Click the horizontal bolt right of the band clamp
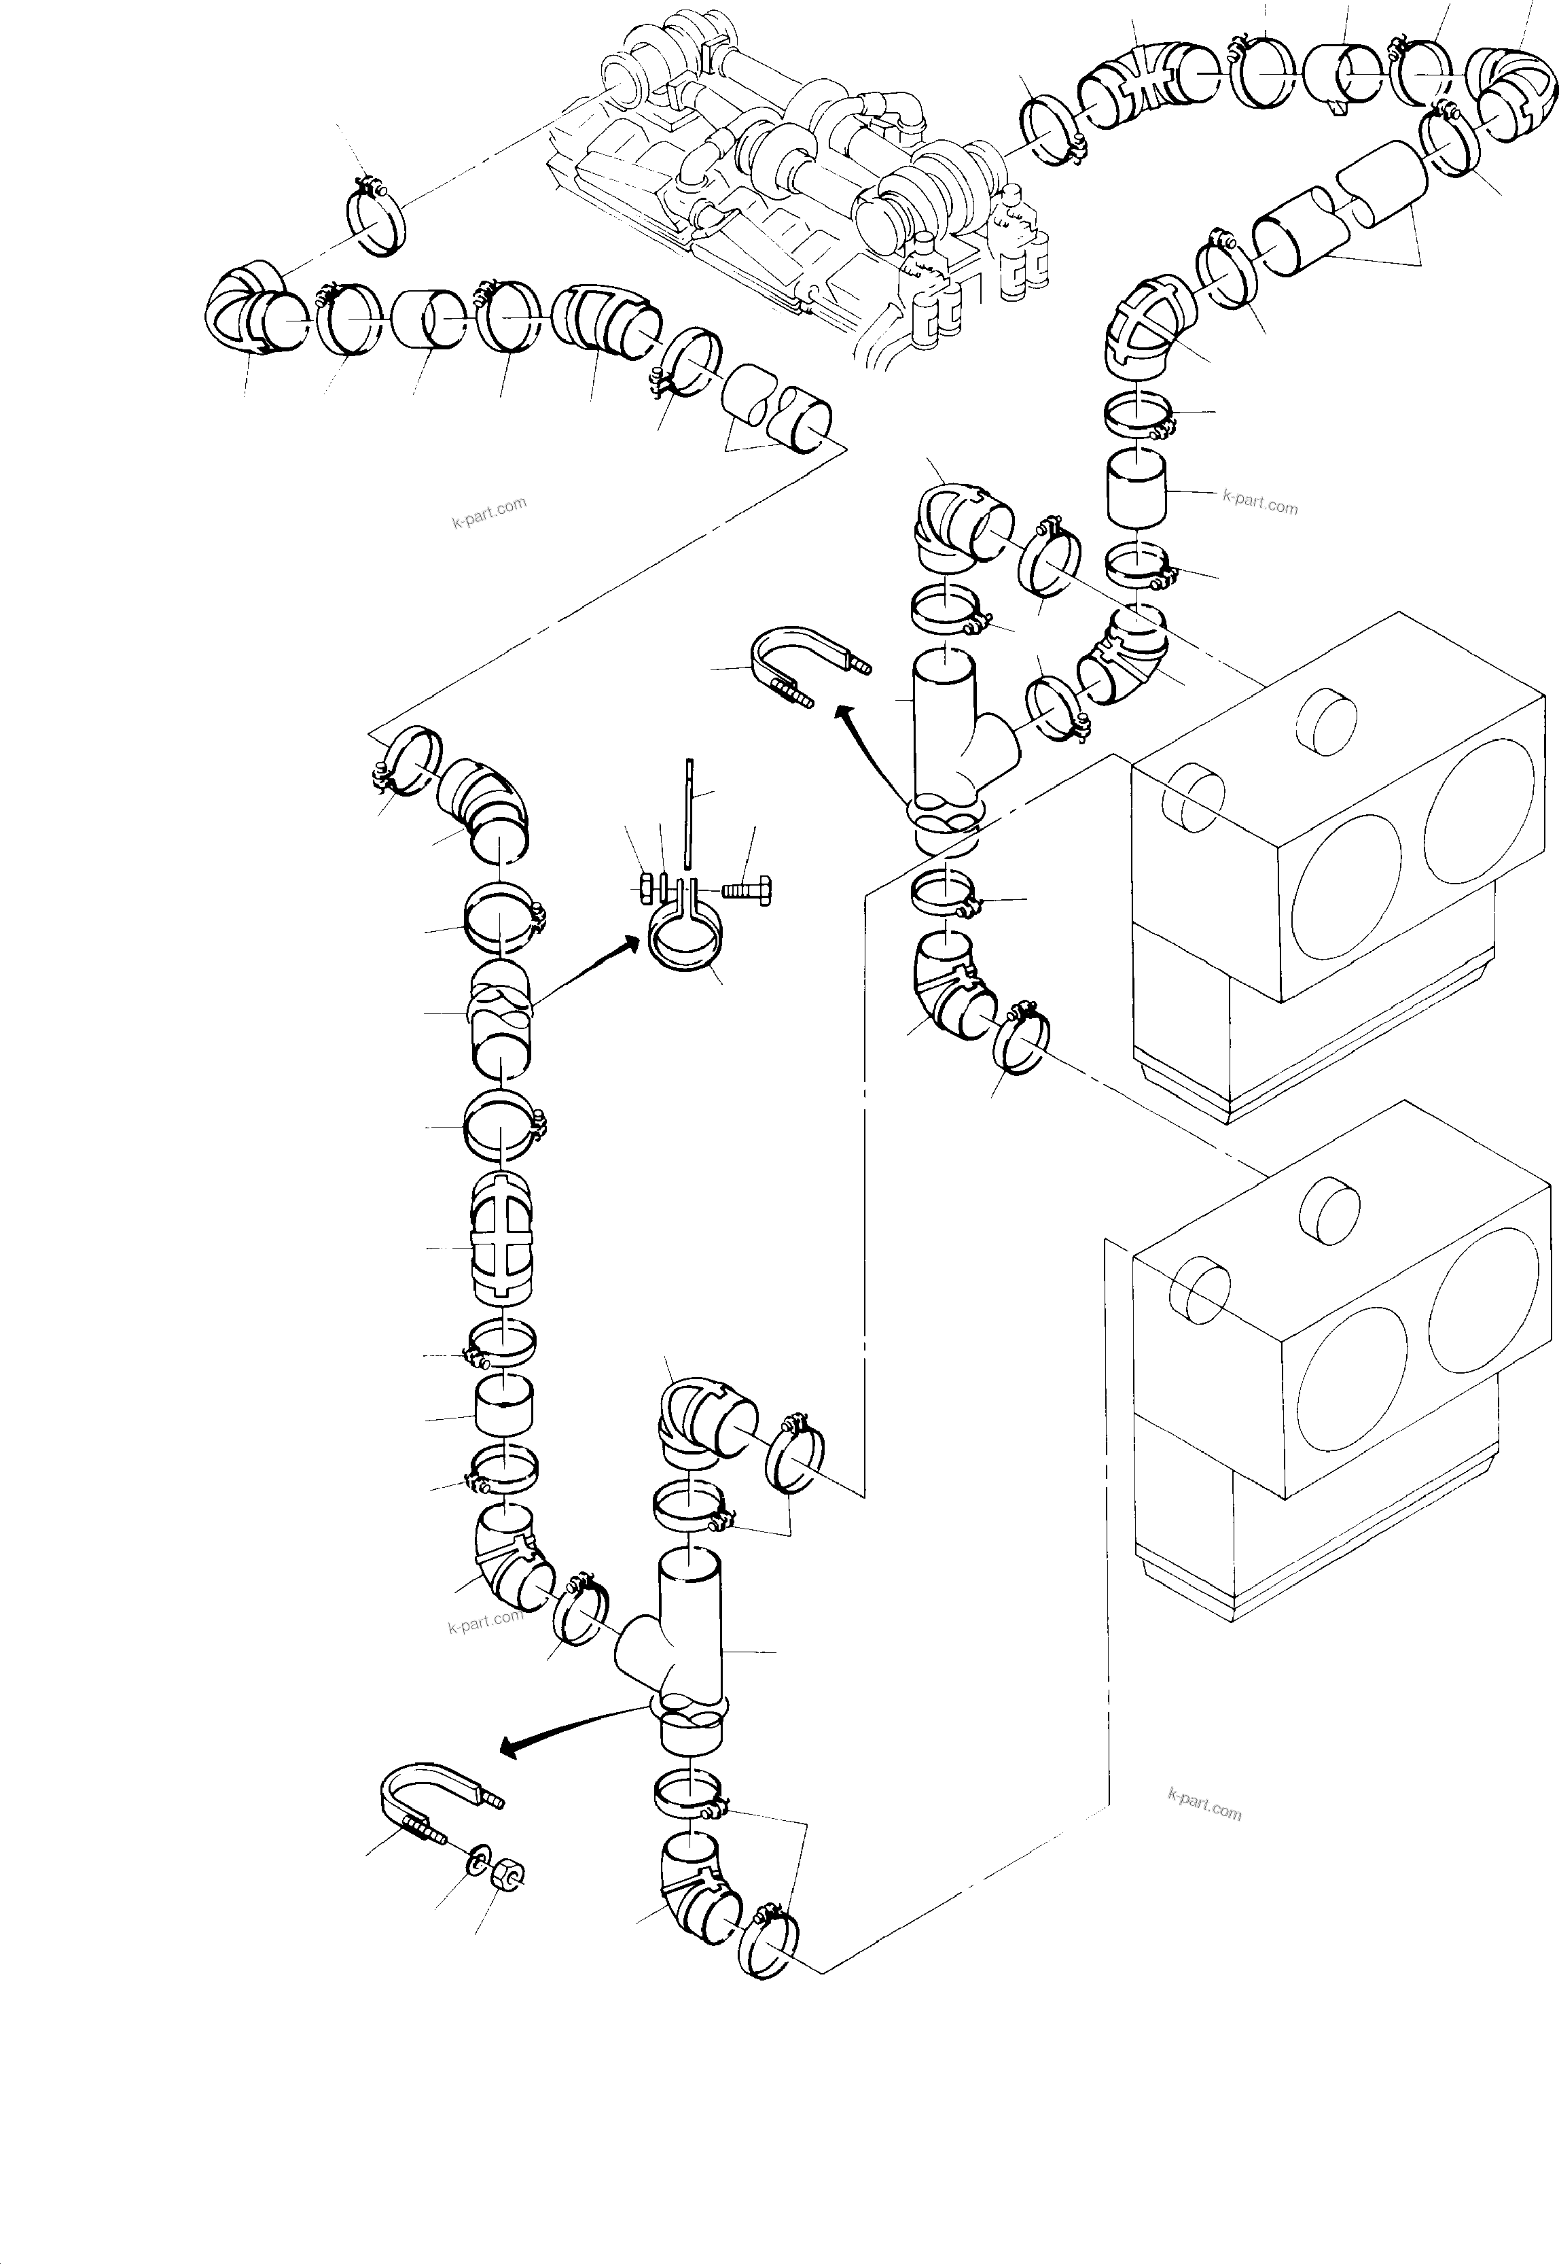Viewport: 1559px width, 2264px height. [747, 889]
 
